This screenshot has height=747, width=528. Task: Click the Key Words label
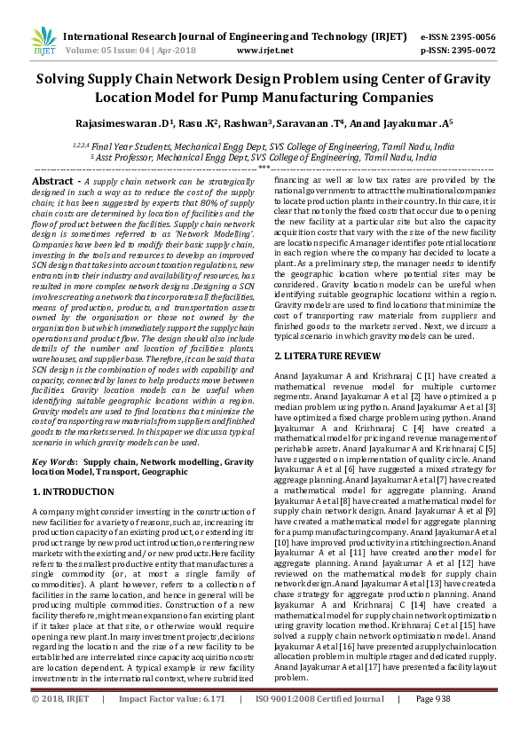[54, 462]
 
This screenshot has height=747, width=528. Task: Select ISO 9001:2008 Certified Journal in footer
[319, 724]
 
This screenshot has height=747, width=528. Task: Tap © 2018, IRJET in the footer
[60, 724]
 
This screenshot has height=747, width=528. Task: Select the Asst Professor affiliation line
[264, 157]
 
